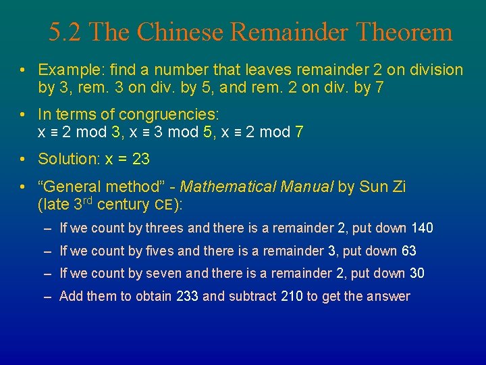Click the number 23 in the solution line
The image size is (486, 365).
tap(141, 160)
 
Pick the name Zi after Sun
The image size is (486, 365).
tap(398, 187)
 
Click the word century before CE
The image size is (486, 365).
tap(124, 204)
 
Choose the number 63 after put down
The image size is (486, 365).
tap(409, 251)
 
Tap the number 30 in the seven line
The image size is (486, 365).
tap(416, 274)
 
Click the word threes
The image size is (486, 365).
tap(164, 228)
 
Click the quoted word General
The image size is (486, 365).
tap(72, 187)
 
